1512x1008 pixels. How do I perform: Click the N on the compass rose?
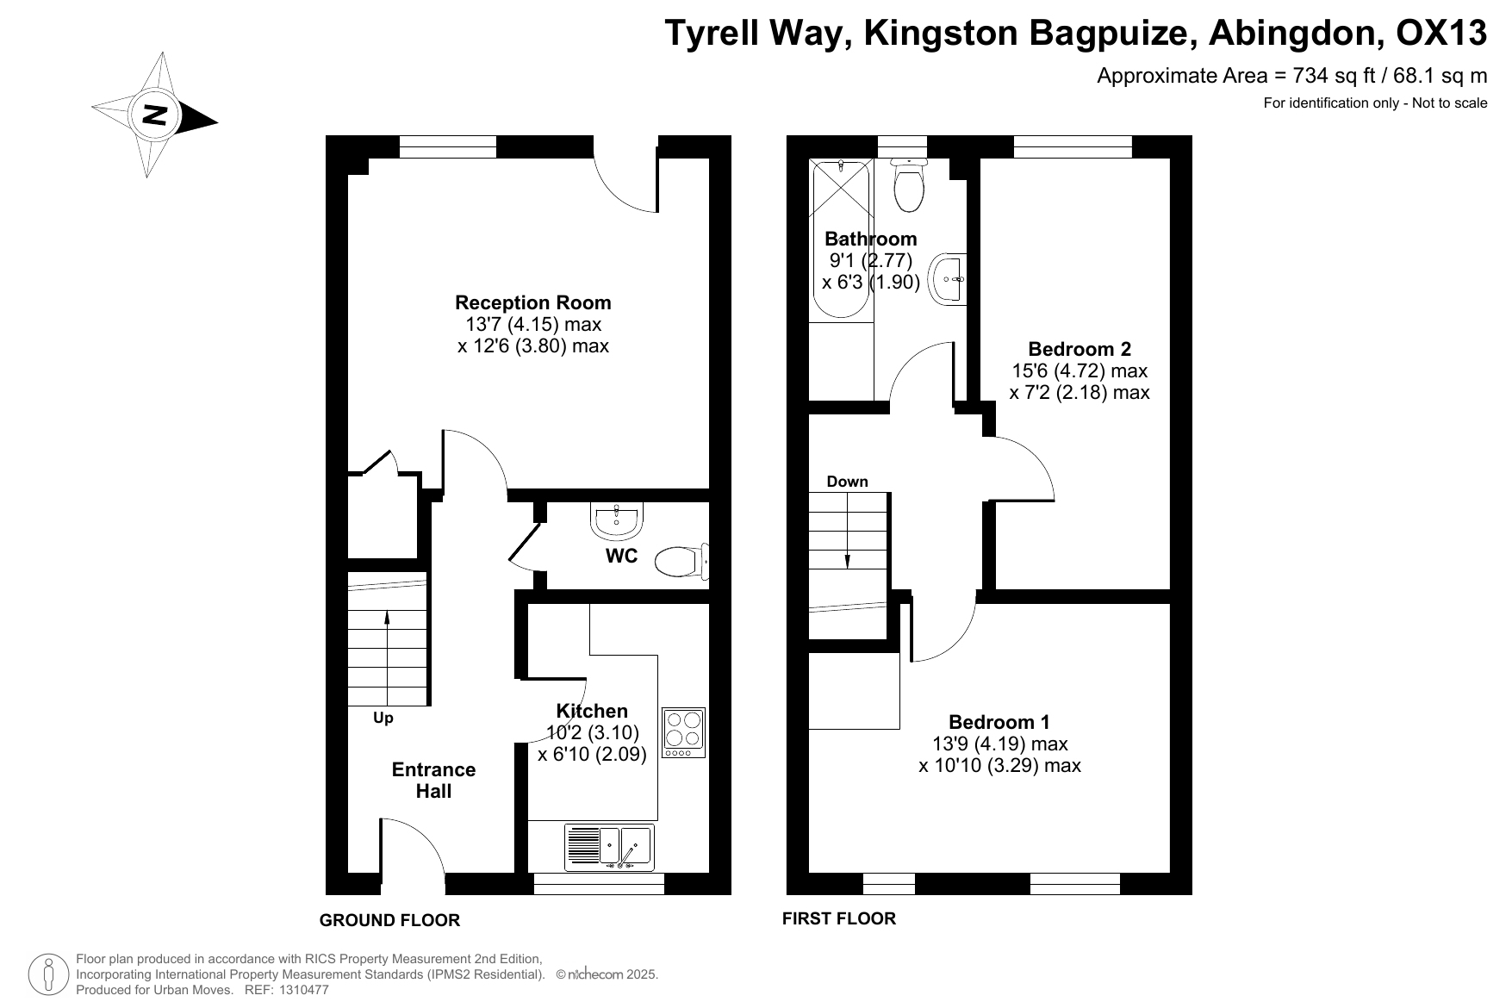point(155,115)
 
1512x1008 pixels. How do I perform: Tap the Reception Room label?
point(533,302)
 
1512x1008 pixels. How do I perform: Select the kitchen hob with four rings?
point(683,732)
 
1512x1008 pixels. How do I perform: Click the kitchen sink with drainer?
point(609,847)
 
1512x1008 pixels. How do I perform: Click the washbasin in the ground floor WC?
point(616,520)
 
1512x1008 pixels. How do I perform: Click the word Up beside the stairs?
point(383,718)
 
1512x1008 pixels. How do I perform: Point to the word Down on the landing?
point(847,482)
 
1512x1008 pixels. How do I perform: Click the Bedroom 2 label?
point(1080,349)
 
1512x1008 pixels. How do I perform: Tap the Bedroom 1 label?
point(999,722)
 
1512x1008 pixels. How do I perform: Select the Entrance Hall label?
point(433,781)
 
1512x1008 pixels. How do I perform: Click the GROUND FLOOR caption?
point(389,920)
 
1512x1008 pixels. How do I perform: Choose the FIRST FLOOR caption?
point(838,918)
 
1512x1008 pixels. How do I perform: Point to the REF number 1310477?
point(301,990)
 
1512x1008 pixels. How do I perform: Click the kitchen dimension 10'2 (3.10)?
point(592,733)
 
